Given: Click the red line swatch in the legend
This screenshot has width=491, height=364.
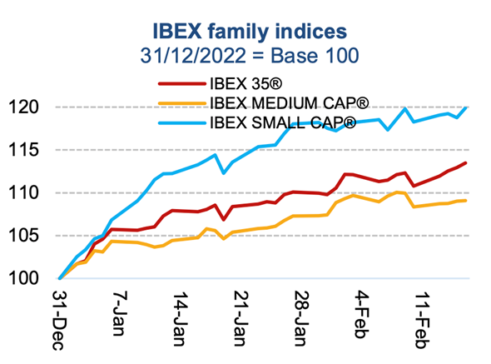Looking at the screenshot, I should pyautogui.click(x=181, y=84).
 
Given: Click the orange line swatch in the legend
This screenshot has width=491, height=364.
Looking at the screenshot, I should pyautogui.click(x=181, y=104).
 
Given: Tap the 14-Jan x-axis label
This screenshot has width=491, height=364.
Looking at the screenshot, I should pyautogui.click(x=179, y=317).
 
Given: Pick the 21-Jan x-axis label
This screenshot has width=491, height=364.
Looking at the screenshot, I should pyautogui.click(x=240, y=317).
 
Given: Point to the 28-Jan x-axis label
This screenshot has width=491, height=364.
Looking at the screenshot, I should pyautogui.click(x=300, y=317).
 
